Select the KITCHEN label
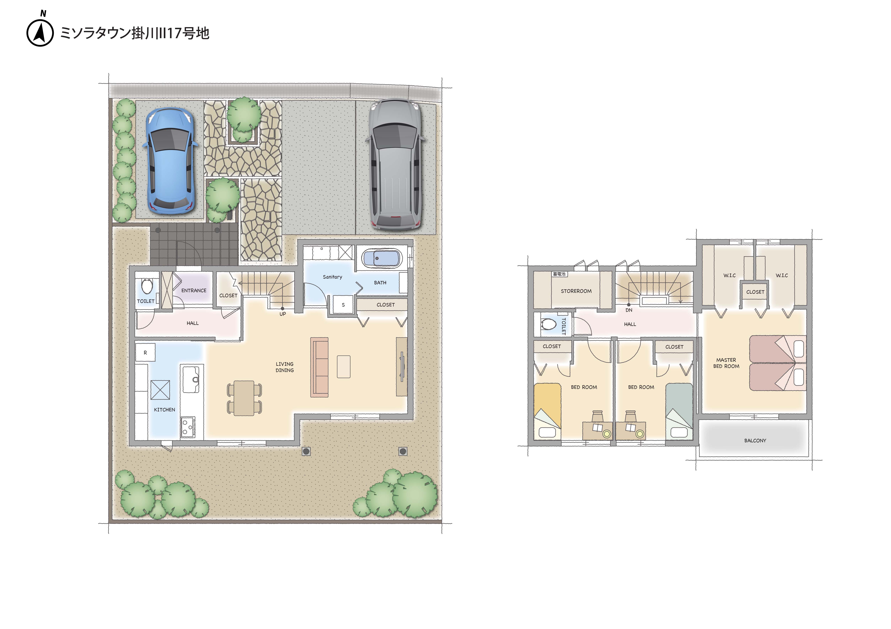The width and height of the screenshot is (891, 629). tap(164, 410)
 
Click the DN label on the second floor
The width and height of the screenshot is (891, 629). tap(629, 310)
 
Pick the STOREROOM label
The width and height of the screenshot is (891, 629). tap(576, 291)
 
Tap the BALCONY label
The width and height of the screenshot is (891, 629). tap(755, 440)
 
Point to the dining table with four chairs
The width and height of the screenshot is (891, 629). tap(244, 398)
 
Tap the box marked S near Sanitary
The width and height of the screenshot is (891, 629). tap(343, 305)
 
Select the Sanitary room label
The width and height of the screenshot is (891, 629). tap(333, 277)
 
